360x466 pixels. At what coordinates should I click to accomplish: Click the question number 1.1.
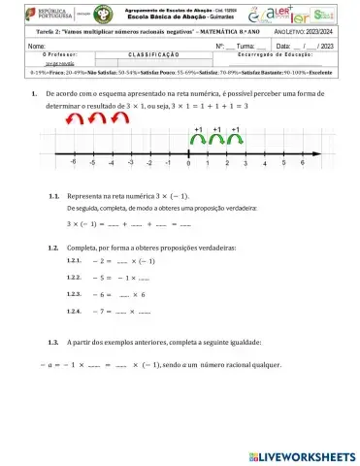click(55, 196)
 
